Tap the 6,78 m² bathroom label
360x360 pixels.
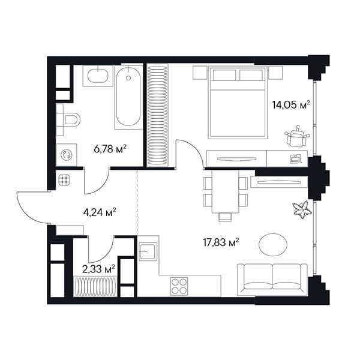[110, 149]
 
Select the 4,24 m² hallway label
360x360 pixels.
[100, 212]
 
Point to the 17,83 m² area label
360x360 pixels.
[221, 242]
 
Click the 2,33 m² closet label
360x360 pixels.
[98, 269]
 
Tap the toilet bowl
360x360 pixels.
[72, 120]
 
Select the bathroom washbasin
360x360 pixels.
[98, 76]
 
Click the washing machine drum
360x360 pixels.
[67, 155]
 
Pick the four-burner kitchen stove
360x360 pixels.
[179, 286]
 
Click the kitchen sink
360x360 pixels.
[148, 251]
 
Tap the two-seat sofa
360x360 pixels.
[272, 280]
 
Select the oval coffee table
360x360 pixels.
[273, 245]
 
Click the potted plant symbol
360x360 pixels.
[302, 209]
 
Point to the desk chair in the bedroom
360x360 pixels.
[297, 136]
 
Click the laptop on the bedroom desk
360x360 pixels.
[296, 158]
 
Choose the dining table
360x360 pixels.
[226, 192]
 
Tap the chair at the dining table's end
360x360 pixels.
[225, 217]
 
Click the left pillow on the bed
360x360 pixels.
[224, 75]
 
